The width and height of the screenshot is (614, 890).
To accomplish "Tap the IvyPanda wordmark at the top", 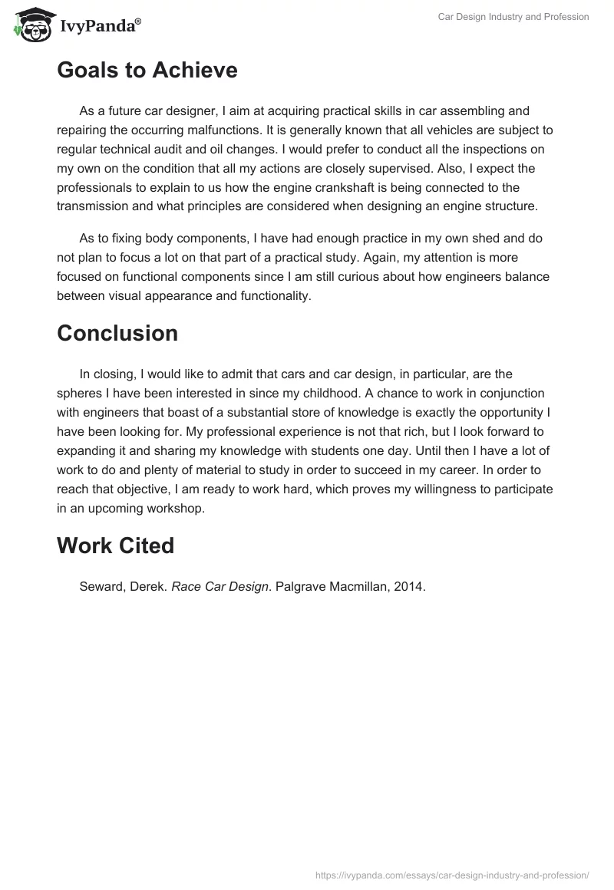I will pyautogui.click(x=100, y=27).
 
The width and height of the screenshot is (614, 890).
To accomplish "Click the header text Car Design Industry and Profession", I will pyautogui.click(x=513, y=17).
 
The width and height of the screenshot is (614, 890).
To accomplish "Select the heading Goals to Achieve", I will pyautogui.click(x=147, y=70).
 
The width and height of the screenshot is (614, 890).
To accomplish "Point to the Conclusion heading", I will pyautogui.click(x=117, y=333).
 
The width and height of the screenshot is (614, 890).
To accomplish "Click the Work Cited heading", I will pyautogui.click(x=115, y=546).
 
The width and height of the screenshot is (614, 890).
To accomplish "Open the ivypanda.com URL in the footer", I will pyautogui.click(x=454, y=874).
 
